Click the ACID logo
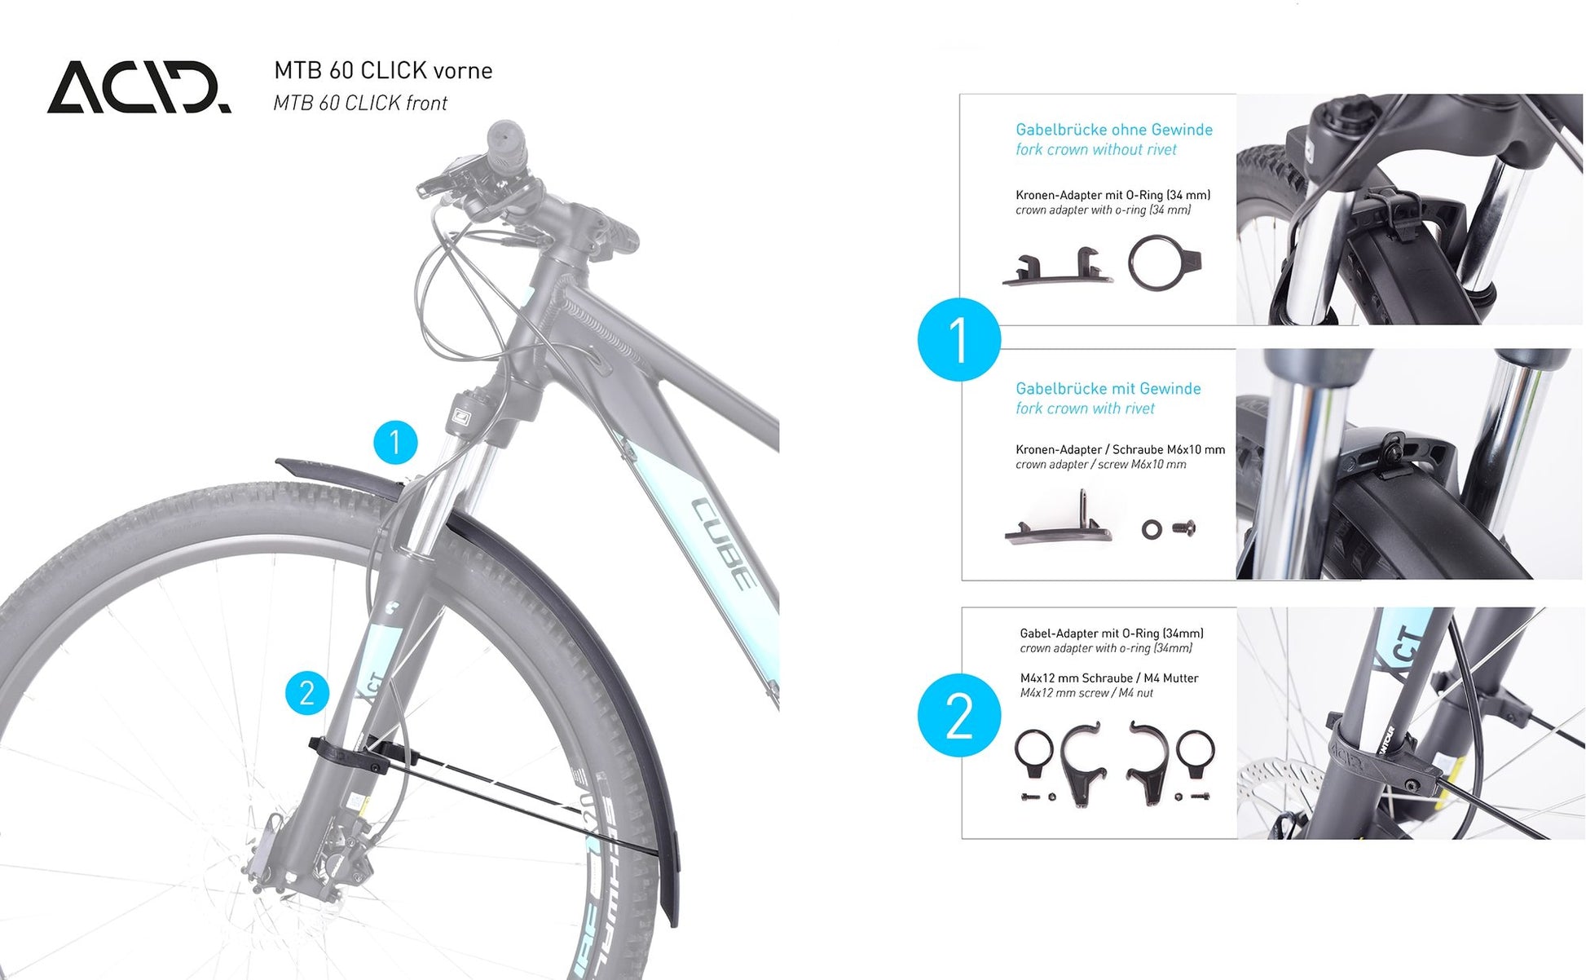139,86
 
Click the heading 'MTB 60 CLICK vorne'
383,71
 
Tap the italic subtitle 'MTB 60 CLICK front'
360,104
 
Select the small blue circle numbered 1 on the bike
395,443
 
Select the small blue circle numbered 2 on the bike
307,693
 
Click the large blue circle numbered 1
959,339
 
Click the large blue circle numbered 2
959,715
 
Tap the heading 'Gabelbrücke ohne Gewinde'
1114,130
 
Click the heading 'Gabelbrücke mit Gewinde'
1108,389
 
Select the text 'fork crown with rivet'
1086,408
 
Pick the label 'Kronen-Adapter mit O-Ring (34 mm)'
1113,195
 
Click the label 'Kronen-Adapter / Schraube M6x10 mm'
1121,449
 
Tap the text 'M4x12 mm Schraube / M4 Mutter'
1109,678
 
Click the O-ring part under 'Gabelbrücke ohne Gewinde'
1163,263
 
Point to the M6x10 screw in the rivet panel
1184,528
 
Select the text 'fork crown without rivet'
1096,150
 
